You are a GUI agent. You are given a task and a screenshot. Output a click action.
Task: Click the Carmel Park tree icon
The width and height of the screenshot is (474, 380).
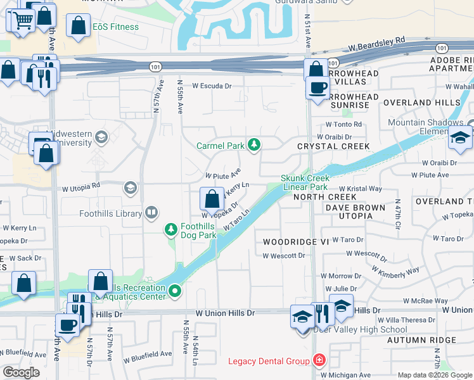(x=254, y=146)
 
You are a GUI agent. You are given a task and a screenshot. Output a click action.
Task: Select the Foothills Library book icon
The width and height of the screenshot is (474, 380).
(x=151, y=213)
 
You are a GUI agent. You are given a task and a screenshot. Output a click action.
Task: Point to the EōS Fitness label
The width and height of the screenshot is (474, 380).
(x=116, y=27)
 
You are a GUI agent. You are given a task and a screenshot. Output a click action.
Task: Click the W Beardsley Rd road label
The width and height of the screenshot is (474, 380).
(x=376, y=43)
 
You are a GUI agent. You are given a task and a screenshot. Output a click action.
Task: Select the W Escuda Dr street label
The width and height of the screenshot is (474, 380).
(x=212, y=85)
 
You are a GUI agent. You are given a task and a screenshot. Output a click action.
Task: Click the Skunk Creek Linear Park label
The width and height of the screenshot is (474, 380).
(x=305, y=182)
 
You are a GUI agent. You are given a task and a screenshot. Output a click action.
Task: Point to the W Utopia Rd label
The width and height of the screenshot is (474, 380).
(x=80, y=187)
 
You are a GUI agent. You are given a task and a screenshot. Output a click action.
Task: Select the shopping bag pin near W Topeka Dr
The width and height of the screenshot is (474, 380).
(x=211, y=199)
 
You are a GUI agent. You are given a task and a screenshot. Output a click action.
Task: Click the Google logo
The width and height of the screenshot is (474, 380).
(x=21, y=372)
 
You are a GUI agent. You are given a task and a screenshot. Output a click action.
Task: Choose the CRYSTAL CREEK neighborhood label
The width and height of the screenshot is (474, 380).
(x=333, y=146)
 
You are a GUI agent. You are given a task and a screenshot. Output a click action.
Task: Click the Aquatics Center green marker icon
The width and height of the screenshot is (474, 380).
(x=175, y=292)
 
